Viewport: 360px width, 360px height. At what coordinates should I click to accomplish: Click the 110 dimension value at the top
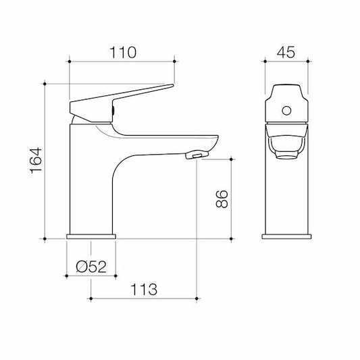pyautogui.click(x=122, y=52)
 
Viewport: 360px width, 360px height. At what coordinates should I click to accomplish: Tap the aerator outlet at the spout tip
pyautogui.click(x=194, y=157)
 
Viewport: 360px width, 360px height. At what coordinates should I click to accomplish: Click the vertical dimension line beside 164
pyautogui.click(x=45, y=161)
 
